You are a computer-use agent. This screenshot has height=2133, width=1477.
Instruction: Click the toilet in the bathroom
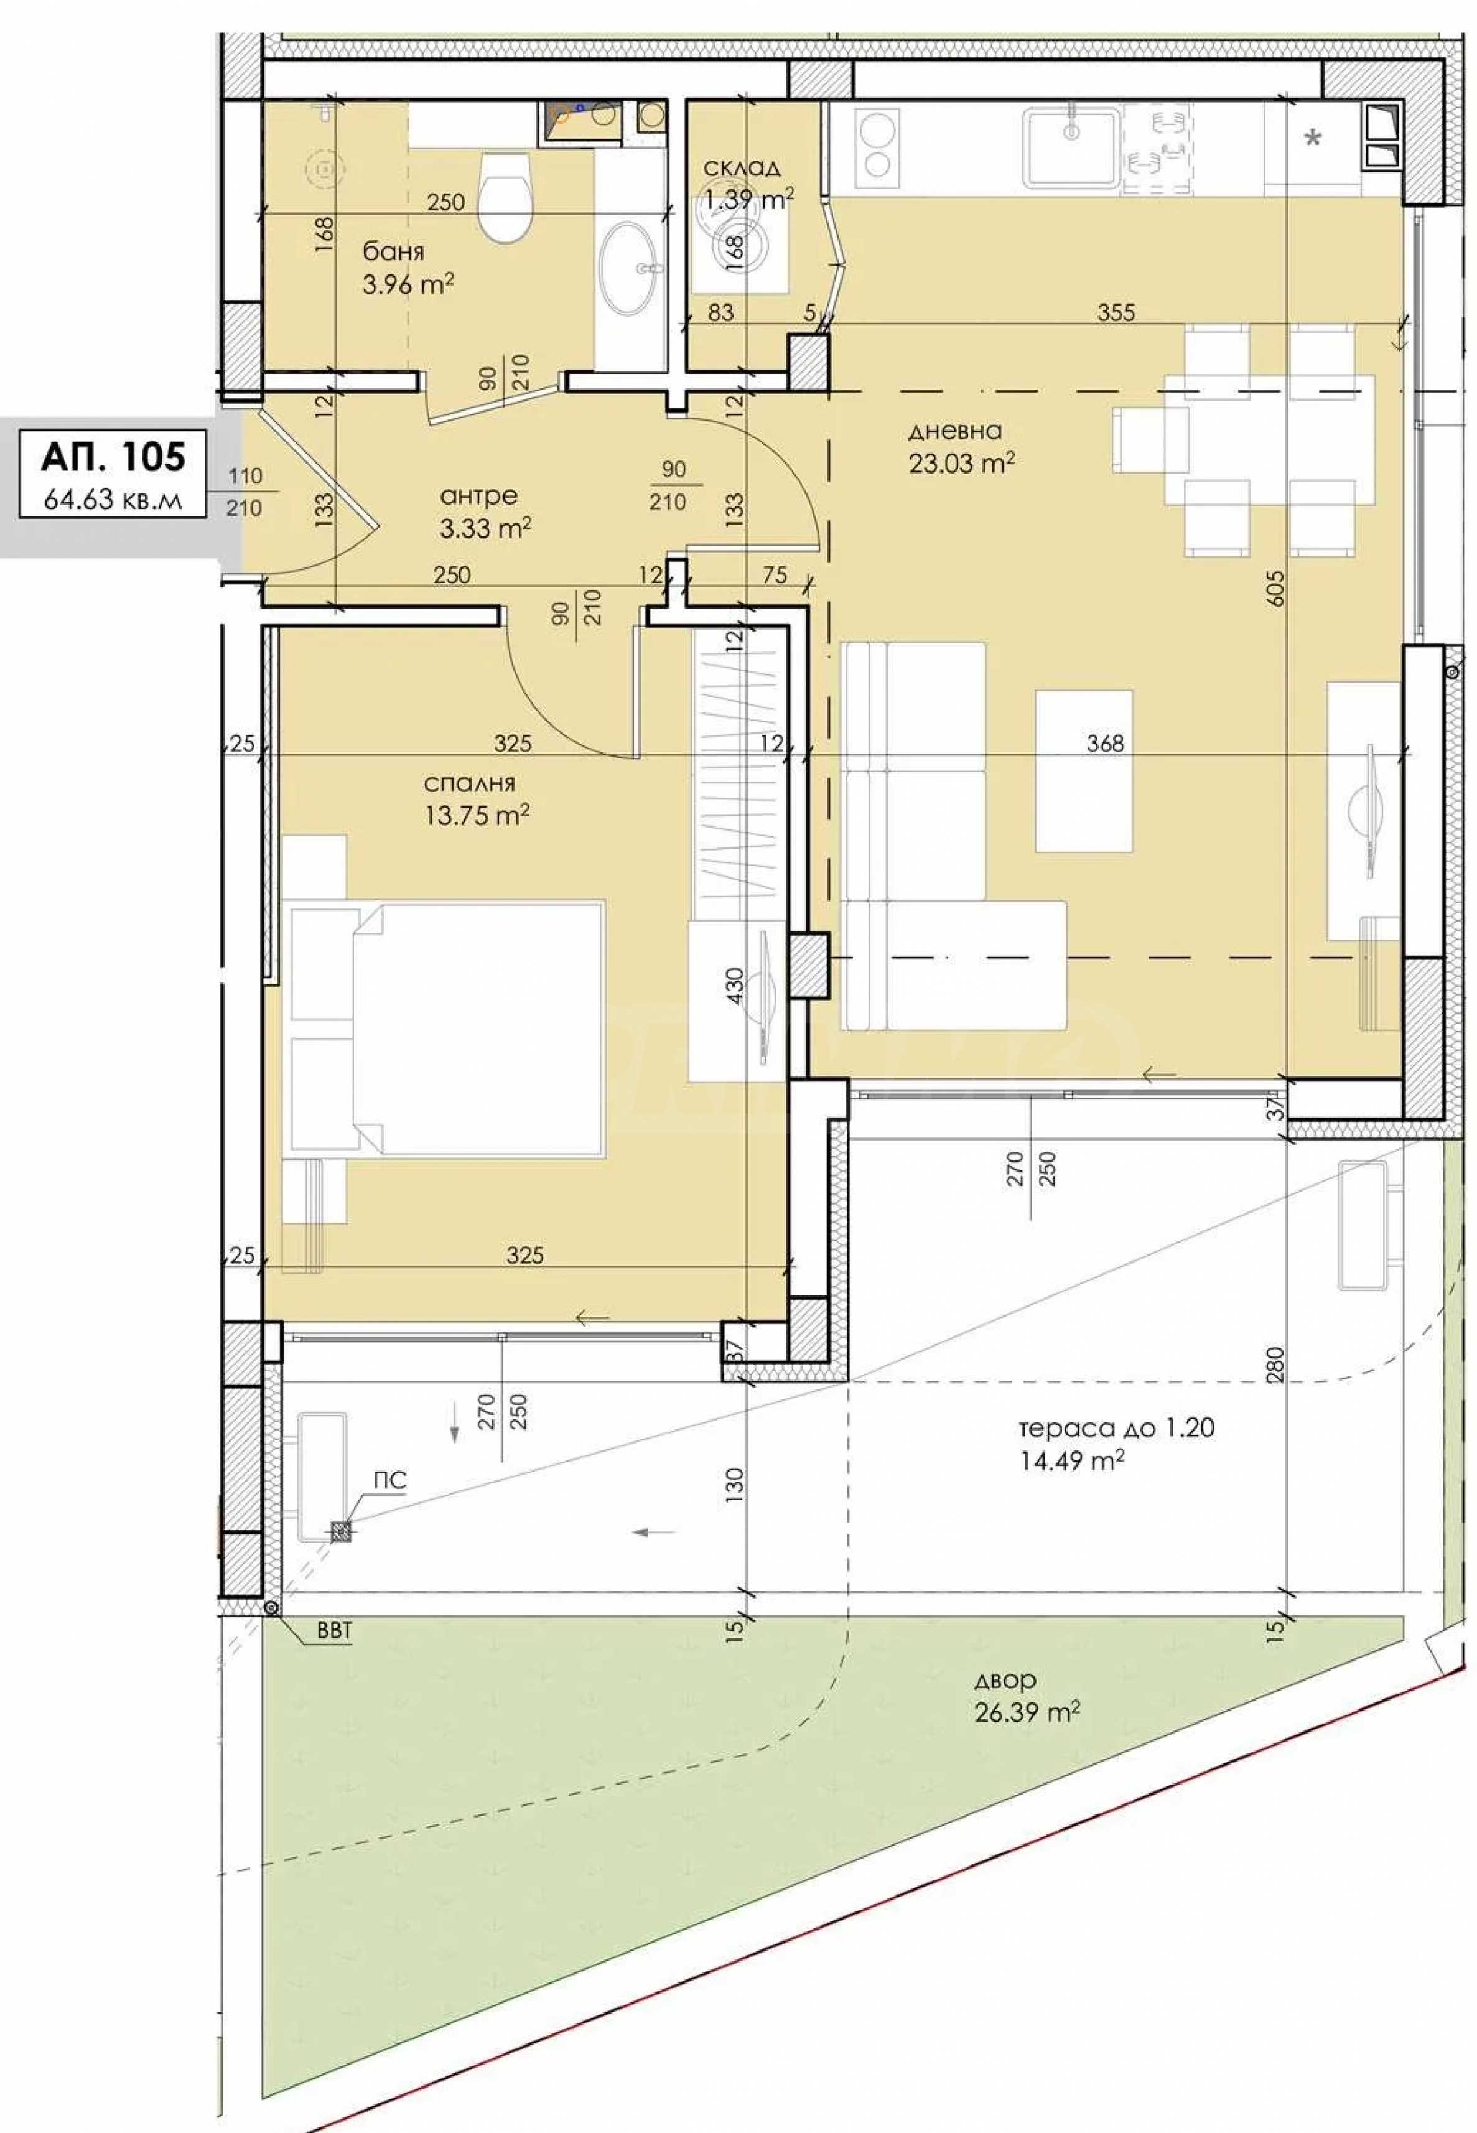505,196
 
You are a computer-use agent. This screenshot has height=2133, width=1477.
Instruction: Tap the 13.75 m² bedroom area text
477,815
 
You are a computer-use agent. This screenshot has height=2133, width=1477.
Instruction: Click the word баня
393,252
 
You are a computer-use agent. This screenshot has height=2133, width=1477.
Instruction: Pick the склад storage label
741,167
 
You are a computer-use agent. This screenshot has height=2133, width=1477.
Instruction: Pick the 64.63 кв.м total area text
113,502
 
